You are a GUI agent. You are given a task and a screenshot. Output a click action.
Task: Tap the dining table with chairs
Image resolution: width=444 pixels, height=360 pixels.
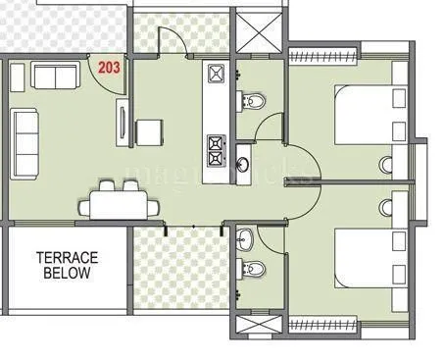click(123, 204)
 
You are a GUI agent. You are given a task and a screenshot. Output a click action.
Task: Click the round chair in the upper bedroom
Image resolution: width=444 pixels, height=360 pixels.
click(386, 164)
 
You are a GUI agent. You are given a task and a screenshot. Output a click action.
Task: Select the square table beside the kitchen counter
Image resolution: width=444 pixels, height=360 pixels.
click(149, 130)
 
